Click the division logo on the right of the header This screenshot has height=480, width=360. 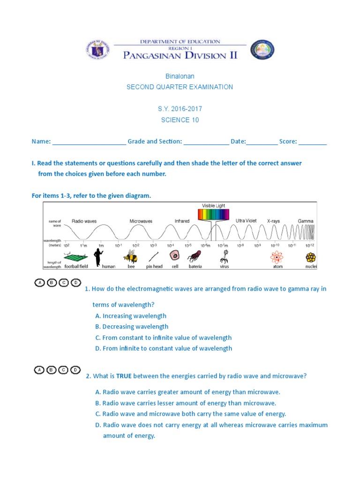click(x=262, y=49)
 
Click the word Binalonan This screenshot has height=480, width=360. click(x=180, y=76)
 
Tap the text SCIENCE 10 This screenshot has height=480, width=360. click(x=180, y=120)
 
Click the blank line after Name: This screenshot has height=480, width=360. click(x=89, y=142)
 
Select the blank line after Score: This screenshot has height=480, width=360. click(x=313, y=142)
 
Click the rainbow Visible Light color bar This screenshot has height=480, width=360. click(x=214, y=215)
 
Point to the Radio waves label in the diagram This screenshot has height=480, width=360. click(x=84, y=221)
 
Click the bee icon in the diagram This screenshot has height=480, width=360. click(x=130, y=256)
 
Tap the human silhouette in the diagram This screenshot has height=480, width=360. click(x=98, y=256)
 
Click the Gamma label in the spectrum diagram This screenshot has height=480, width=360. click(x=306, y=221)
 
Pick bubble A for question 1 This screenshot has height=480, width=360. click(x=40, y=283)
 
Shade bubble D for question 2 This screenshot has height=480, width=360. click(x=75, y=370)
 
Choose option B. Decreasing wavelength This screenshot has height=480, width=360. click(x=132, y=327)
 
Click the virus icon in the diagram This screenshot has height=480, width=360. click(x=225, y=256)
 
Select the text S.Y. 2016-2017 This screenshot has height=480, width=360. click(x=180, y=109)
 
